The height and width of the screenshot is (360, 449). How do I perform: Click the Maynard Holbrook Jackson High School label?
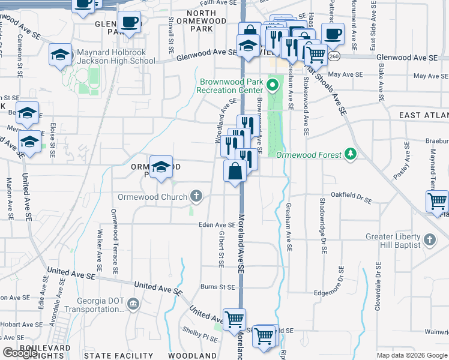click(x=116, y=56)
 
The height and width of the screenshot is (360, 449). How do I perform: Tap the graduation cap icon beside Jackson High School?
click(x=60, y=55)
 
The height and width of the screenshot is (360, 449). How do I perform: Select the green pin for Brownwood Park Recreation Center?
click(x=274, y=85)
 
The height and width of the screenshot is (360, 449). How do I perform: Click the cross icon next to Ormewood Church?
click(x=196, y=196)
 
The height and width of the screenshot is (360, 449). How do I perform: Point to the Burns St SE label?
click(x=217, y=287)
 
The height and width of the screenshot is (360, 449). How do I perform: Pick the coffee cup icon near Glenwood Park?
click(x=129, y=22)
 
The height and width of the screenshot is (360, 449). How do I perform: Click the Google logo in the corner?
click(x=20, y=353)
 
